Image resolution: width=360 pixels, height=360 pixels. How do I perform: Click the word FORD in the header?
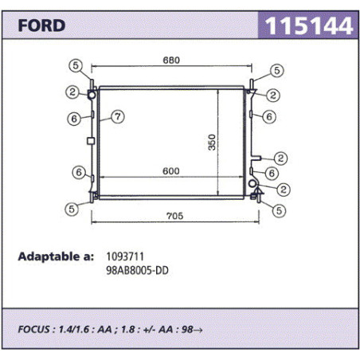41,25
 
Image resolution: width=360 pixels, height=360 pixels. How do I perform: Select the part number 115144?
309,25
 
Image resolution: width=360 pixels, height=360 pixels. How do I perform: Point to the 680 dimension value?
171,61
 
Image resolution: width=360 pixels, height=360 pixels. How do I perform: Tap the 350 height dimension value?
212,143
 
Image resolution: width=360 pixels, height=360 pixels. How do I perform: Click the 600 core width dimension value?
171,171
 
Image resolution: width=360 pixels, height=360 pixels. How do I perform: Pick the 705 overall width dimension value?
175,216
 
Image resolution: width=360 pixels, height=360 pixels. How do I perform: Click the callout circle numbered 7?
118,116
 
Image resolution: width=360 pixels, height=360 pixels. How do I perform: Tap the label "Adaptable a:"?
56,256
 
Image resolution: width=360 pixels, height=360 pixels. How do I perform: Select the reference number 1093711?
125,256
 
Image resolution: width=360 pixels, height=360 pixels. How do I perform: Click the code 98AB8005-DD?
137,271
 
